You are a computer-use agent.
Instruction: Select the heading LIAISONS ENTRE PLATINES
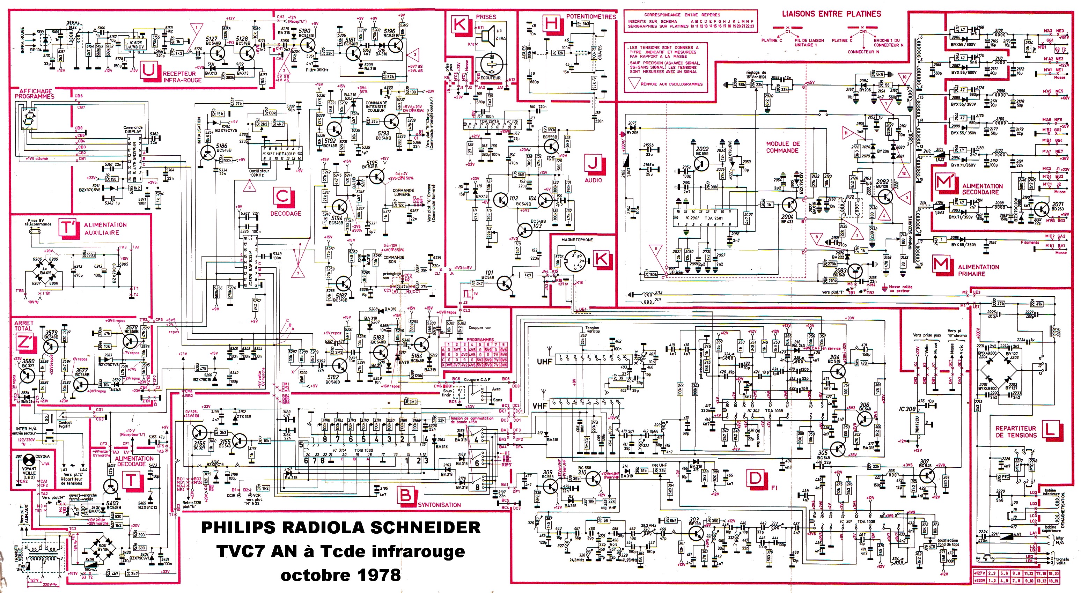pyautogui.click(x=831, y=14)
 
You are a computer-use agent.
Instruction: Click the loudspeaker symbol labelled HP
pyautogui.click(x=488, y=37)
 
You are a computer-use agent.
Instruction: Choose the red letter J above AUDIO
pyautogui.click(x=593, y=163)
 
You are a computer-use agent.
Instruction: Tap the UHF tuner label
pyautogui.click(x=544, y=361)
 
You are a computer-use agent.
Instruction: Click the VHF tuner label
pyautogui.click(x=540, y=406)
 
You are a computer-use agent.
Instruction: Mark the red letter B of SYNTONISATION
pyautogui.click(x=405, y=495)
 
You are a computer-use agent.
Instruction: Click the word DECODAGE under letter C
pyautogui.click(x=285, y=214)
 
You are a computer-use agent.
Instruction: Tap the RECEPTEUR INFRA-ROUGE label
pyautogui.click(x=182, y=77)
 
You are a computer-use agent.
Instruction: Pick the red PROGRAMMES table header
pyautogui.click(x=480, y=339)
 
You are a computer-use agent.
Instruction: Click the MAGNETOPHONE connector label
pyautogui.click(x=577, y=239)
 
